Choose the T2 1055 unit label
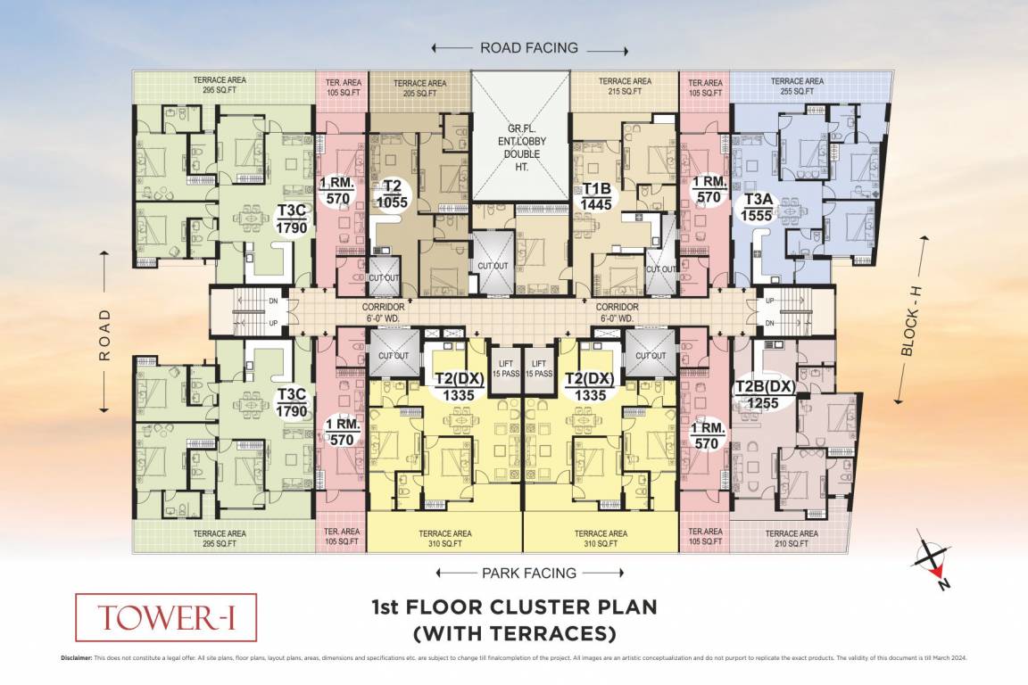(x=392, y=194)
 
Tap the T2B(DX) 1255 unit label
(x=764, y=394)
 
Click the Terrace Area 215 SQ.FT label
(x=625, y=87)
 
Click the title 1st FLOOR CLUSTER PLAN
(x=513, y=608)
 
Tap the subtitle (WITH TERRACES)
(x=513, y=634)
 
